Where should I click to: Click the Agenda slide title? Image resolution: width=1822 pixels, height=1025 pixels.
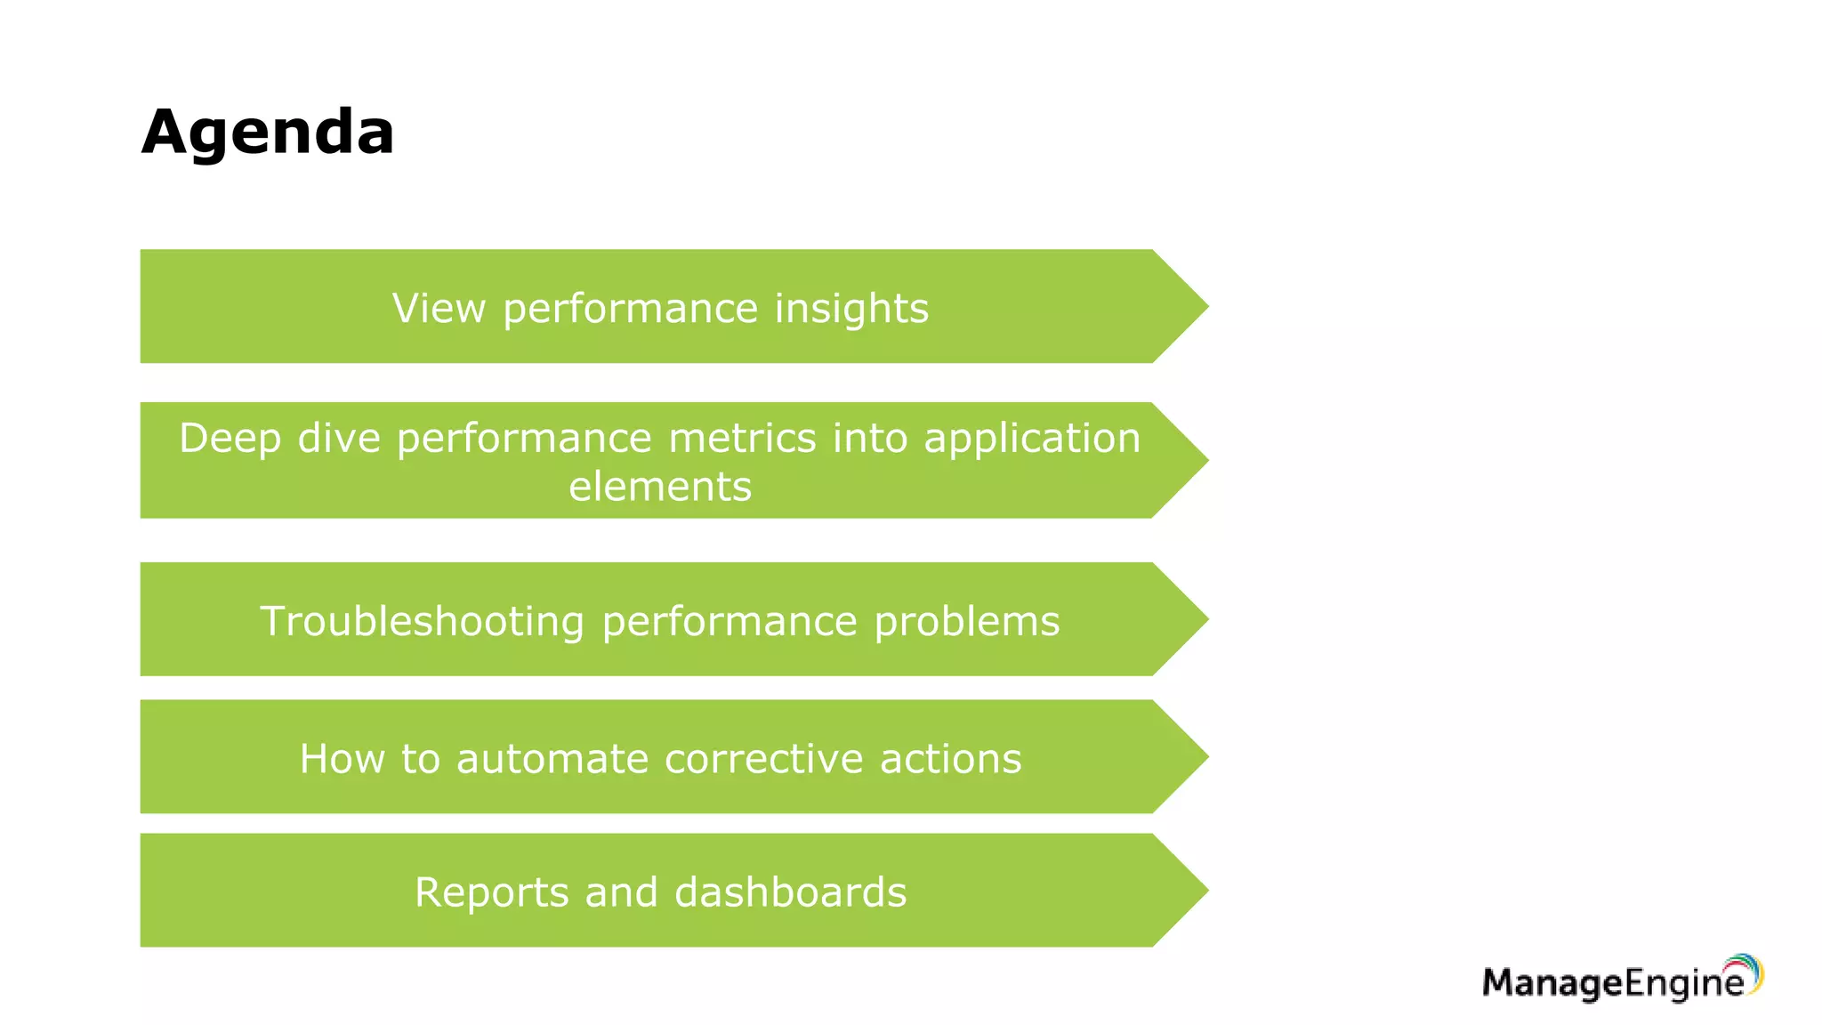[x=267, y=132]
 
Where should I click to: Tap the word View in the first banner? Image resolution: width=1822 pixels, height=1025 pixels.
[x=439, y=309]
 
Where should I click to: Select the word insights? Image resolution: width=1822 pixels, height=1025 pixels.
[x=851, y=310]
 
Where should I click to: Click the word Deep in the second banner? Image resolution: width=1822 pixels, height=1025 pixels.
[x=230, y=439]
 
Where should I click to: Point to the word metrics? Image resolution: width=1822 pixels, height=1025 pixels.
[x=742, y=439]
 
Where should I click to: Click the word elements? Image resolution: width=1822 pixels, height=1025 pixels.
[x=660, y=487]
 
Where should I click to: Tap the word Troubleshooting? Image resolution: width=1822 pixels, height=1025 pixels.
[x=422, y=621]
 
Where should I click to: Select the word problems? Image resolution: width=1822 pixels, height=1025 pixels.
[x=967, y=622]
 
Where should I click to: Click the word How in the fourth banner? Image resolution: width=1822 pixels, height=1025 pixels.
[x=342, y=759]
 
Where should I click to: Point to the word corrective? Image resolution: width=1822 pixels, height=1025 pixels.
[x=764, y=759]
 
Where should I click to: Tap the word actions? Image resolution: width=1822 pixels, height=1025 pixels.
[x=950, y=759]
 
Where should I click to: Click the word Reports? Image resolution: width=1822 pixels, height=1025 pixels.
[x=491, y=892]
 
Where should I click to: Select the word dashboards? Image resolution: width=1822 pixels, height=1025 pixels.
[x=791, y=892]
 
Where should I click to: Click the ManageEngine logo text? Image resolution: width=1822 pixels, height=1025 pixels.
[x=1612, y=983]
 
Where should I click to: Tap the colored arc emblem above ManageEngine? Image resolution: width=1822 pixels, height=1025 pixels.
[x=1745, y=971]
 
